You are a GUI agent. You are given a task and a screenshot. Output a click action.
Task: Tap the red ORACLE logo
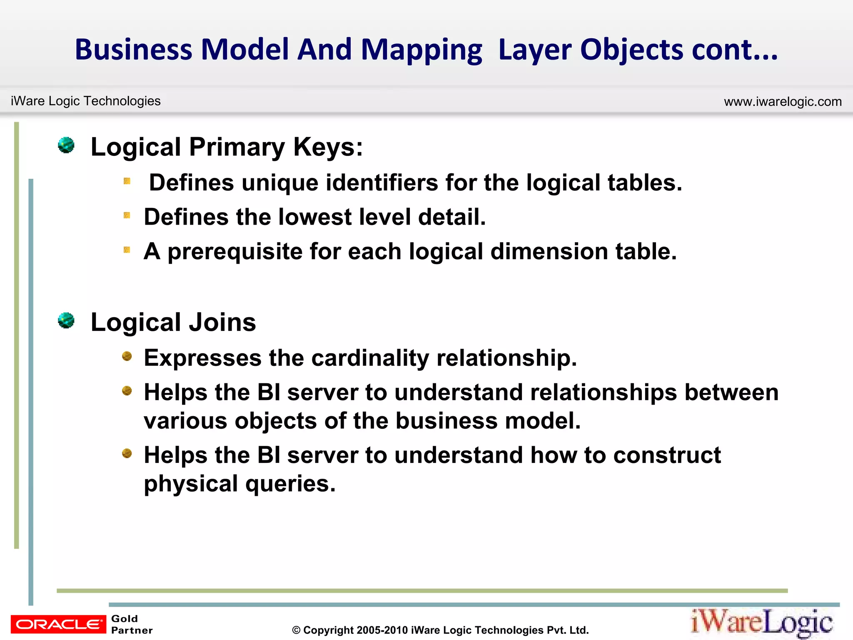tap(58, 624)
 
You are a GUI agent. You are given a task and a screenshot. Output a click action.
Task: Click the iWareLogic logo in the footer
tap(762, 622)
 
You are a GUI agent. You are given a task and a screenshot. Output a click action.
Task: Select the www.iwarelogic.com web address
tap(783, 102)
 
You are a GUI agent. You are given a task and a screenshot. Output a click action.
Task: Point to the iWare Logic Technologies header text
tap(86, 101)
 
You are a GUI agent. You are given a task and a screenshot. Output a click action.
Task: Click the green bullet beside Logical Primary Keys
tap(66, 145)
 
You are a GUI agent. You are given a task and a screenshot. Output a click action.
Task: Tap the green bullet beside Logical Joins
tap(66, 321)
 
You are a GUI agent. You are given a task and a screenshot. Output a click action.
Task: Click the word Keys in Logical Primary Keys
tap(328, 147)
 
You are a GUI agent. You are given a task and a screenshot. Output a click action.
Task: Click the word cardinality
tap(370, 358)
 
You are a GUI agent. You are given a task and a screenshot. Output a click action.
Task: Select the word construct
tap(667, 455)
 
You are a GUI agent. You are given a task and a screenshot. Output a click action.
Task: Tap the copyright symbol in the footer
tap(296, 630)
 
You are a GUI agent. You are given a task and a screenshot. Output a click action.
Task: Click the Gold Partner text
tap(132, 624)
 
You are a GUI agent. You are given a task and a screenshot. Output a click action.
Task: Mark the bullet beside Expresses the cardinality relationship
tap(127, 356)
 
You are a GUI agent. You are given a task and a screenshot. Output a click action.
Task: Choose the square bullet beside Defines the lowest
tap(127, 215)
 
